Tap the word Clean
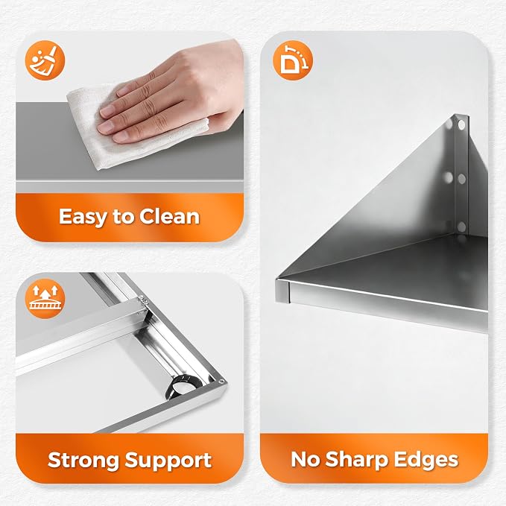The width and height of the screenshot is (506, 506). (169, 216)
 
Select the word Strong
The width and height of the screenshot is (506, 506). (83, 461)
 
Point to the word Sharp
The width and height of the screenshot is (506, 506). (356, 460)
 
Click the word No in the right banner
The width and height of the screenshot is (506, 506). (306, 459)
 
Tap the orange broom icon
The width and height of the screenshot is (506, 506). (45, 60)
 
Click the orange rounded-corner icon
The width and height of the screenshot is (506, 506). (293, 60)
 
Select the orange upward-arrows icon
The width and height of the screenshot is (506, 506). (45, 299)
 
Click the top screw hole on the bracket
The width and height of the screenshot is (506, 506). (461, 124)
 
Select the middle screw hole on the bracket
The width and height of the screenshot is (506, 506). (462, 179)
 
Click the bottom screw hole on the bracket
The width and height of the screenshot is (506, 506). (462, 227)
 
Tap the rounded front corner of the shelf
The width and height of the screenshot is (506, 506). (282, 291)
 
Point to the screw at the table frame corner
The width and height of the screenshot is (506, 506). (221, 382)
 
